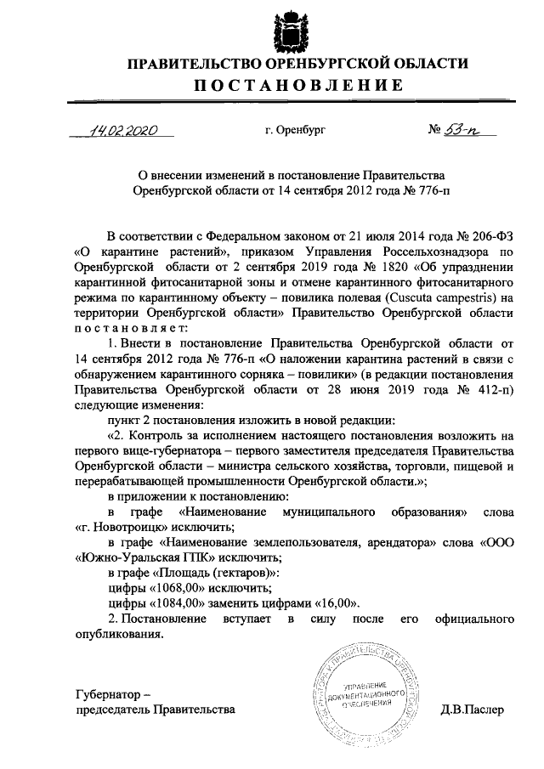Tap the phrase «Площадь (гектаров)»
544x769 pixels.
212,573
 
